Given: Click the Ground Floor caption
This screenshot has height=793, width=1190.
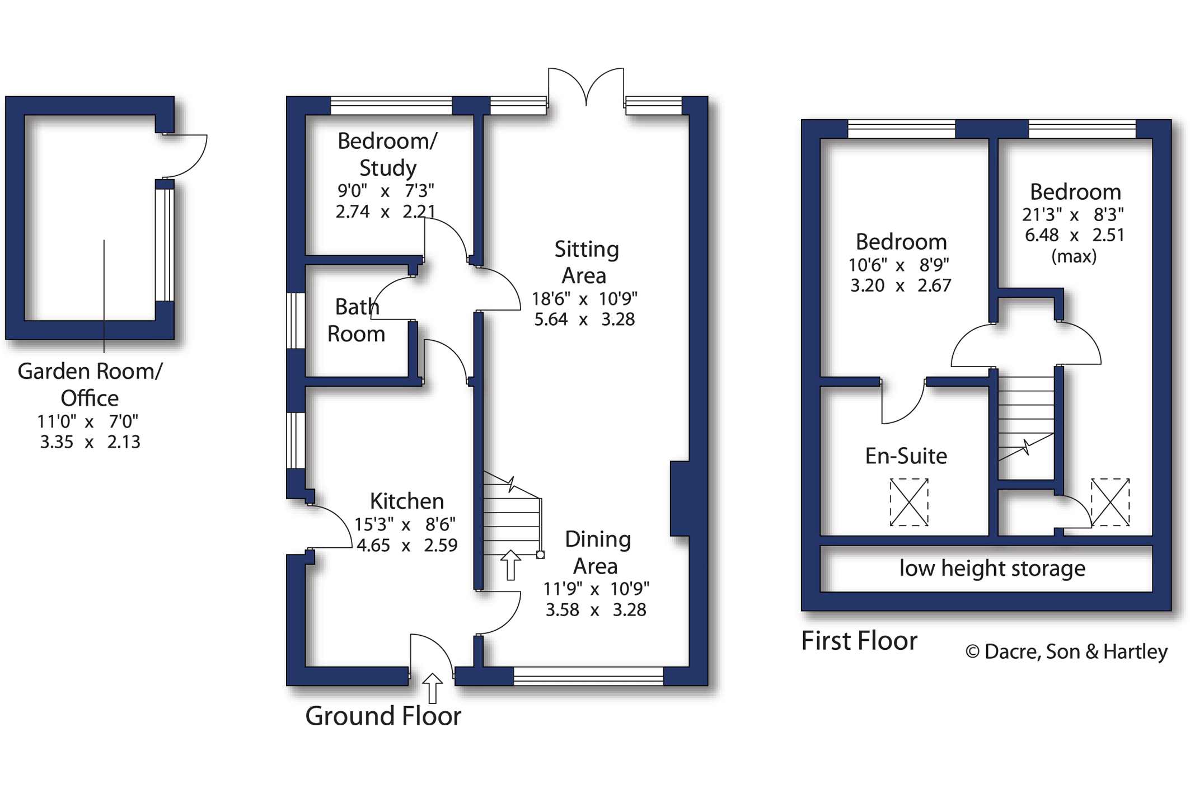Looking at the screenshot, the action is pos(383,716).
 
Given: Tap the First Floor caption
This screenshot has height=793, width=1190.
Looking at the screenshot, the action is pos(859,641).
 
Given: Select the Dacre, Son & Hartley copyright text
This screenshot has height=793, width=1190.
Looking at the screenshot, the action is pos(1067,651).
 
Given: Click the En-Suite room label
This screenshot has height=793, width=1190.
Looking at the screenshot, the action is pos(906,456).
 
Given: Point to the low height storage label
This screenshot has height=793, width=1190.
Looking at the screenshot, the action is pos(992,569).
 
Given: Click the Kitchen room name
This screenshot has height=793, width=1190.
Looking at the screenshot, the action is pos(407,501).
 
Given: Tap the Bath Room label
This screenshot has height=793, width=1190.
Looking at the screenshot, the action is pos(356,320).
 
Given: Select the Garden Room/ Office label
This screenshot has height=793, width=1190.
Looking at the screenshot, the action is pos(90,384).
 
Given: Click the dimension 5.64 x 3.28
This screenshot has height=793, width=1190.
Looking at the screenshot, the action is pos(584,320).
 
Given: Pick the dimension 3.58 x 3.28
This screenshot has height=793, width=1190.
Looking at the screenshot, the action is pos(596,609).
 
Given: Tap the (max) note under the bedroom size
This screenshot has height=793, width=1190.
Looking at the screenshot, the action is pos(1074,256).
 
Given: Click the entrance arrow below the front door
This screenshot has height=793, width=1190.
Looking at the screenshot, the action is pos(432,688).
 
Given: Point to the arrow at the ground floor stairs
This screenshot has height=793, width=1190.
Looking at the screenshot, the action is pos(510,565).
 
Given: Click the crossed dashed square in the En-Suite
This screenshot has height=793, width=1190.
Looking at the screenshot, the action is pos(909,502).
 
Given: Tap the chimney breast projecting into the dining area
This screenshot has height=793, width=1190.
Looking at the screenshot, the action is pos(680,499).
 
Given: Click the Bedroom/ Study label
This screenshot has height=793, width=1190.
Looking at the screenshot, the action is pos(387,154).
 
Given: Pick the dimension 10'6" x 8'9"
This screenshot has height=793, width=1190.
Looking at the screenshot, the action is pos(900,265).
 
